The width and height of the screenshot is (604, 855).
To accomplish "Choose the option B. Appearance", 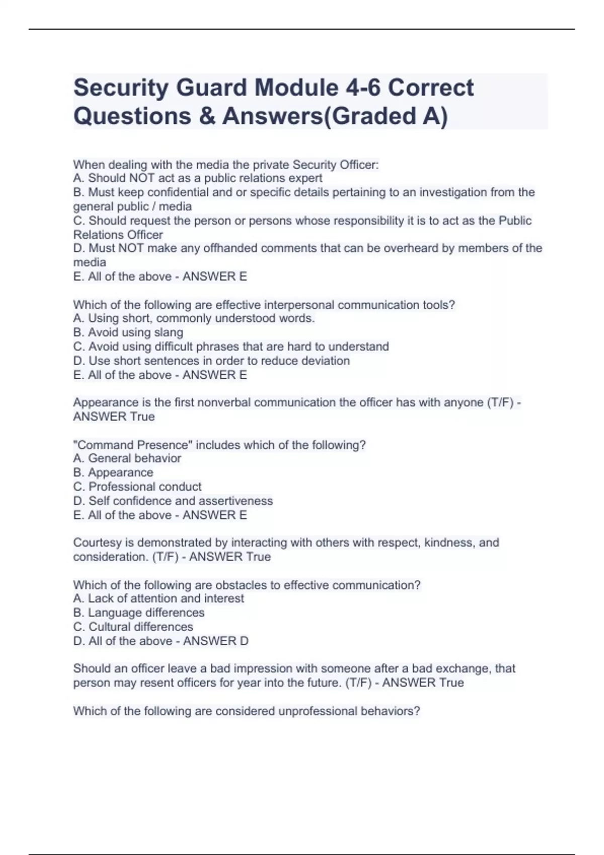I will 113,472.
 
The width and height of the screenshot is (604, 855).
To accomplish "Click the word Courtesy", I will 97,543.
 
